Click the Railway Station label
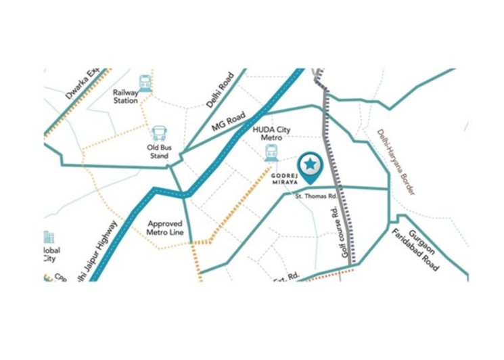(126, 97)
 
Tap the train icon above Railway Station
(145, 82)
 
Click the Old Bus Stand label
(159, 152)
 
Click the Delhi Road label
(220, 89)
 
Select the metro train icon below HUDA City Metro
(271, 153)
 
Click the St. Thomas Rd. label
(316, 196)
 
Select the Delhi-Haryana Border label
(396, 161)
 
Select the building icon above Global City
(49, 238)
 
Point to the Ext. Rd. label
(286, 277)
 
